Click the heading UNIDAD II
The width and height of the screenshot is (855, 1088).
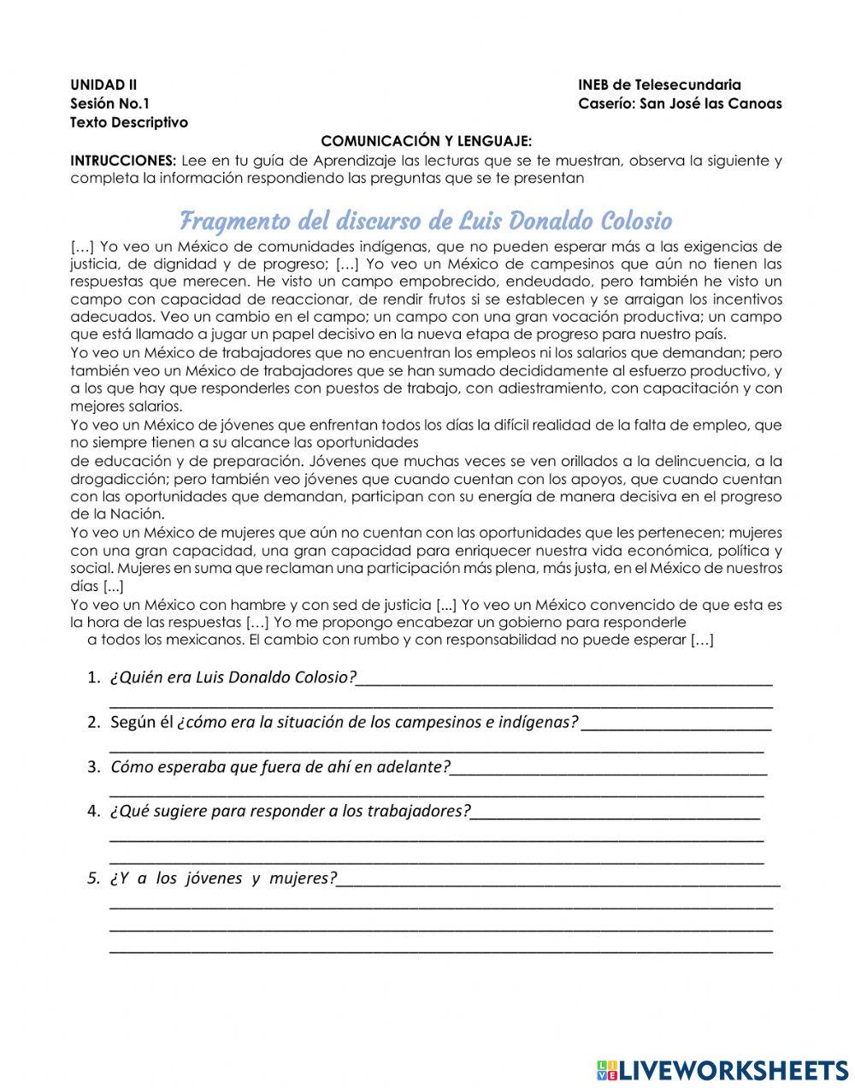[103, 85]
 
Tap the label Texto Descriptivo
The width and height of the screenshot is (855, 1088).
[129, 122]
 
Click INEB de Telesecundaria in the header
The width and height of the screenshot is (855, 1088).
[659, 85]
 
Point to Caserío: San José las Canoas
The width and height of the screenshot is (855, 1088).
[680, 103]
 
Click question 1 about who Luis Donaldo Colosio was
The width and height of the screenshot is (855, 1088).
[233, 677]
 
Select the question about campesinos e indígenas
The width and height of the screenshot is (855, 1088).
[345, 722]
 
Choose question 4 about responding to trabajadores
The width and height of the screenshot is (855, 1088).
[291, 811]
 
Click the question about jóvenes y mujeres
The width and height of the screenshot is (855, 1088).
[224, 878]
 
